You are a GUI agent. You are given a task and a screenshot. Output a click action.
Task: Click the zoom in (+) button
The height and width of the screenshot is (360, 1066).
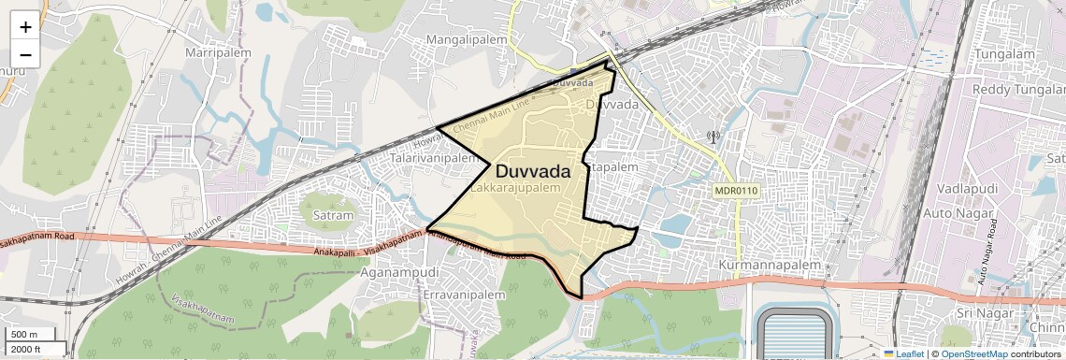[25, 26]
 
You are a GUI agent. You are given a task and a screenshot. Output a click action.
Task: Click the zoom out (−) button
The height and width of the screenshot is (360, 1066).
[25, 54]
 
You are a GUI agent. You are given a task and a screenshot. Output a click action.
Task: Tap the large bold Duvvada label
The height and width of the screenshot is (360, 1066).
[533, 172]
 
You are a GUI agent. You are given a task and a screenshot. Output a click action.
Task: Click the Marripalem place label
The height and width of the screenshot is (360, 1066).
[221, 51]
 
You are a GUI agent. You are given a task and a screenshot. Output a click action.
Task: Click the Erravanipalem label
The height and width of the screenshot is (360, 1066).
[464, 294]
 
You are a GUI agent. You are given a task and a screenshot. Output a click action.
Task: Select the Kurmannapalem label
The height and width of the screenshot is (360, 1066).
[771, 266]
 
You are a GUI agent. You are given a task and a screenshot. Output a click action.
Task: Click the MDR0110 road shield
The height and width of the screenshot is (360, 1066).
[736, 191]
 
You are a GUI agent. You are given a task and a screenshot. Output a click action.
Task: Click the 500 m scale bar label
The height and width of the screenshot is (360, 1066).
[24, 334]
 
